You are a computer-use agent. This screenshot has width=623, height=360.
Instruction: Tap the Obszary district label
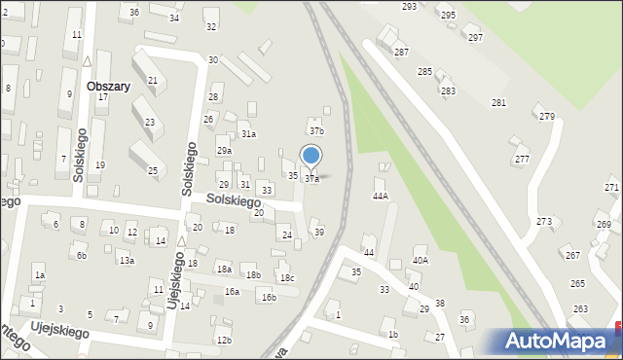[108, 86]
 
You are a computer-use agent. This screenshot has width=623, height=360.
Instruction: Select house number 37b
[316, 130]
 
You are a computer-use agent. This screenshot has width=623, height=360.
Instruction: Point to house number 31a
[248, 134]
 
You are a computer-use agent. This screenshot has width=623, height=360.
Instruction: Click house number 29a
[224, 151]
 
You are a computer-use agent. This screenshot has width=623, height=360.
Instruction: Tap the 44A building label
[381, 196]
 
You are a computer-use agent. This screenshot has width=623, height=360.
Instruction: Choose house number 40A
[421, 260]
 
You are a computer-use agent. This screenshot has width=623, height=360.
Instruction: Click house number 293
[409, 6]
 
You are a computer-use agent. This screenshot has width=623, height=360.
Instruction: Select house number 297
[475, 37]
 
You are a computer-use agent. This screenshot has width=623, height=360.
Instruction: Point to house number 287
[401, 51]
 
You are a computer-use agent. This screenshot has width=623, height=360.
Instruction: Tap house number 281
[498, 102]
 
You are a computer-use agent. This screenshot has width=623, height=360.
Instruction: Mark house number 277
[522, 159]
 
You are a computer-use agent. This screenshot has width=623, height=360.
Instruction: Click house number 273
[543, 222]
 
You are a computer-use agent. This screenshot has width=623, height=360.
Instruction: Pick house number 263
[580, 309]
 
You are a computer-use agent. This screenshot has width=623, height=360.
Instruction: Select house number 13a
[126, 260]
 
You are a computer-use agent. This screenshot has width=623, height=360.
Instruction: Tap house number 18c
[286, 278]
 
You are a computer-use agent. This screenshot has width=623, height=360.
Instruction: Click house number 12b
[224, 340]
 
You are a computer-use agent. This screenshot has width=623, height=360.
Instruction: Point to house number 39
[318, 232]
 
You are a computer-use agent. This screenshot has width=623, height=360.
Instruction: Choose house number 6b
[82, 256]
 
